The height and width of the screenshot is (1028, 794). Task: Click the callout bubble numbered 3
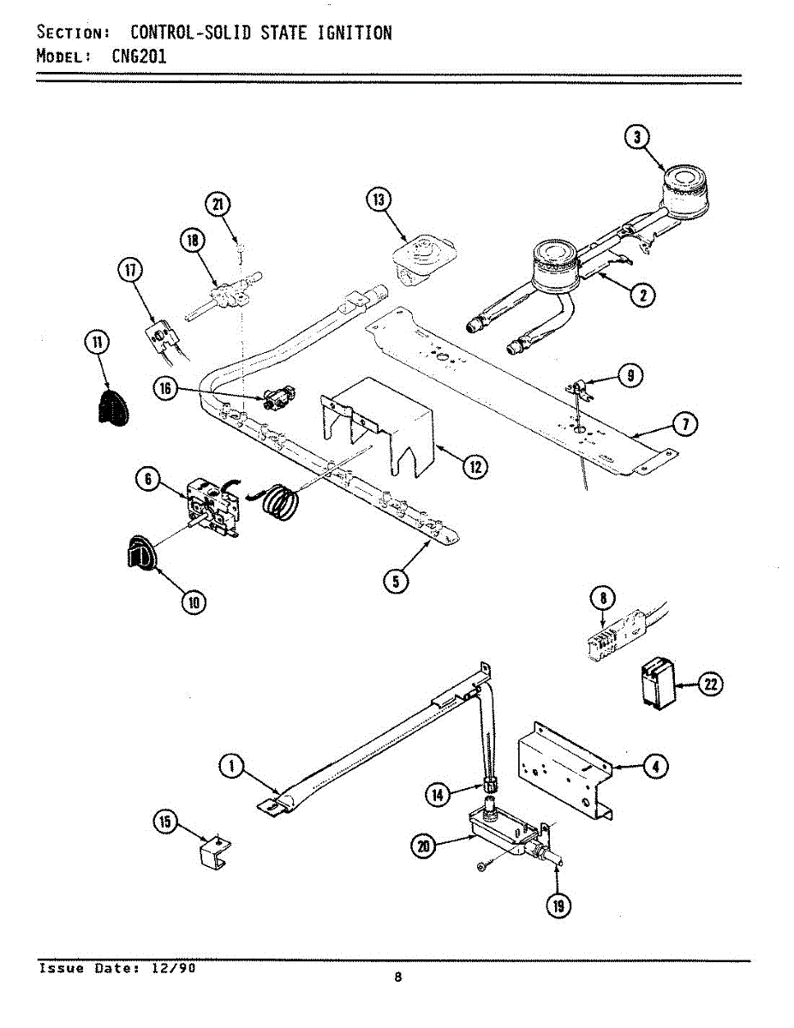tap(636, 137)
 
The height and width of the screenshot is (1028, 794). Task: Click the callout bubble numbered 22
tap(710, 684)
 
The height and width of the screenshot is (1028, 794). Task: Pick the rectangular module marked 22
tap(655, 684)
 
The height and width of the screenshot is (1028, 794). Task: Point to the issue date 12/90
tap(175, 968)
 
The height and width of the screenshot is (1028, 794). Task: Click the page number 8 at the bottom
tap(397, 978)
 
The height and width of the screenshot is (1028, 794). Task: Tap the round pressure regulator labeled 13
tap(420, 255)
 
